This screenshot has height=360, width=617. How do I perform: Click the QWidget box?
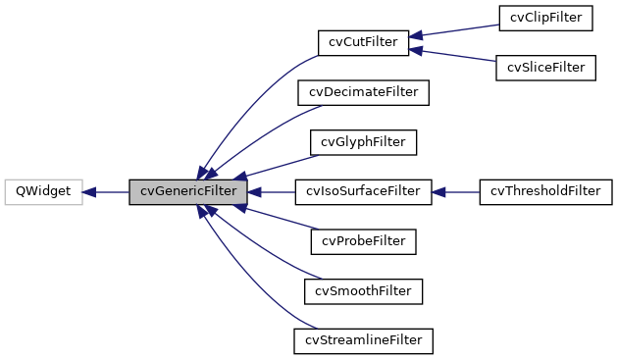43,191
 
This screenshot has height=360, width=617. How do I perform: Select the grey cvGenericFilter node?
187,191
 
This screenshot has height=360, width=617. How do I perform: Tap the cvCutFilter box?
363,42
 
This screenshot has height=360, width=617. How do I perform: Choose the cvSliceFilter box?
546,68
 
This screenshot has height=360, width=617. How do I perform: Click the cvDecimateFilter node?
364,92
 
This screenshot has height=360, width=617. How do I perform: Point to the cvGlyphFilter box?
364,141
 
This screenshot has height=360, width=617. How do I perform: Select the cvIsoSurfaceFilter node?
364,191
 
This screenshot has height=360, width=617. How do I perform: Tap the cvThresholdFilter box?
545,191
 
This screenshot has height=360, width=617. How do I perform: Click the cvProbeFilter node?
364,240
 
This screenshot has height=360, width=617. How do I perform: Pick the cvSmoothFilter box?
364,290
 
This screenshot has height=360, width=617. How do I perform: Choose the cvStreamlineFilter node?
364,340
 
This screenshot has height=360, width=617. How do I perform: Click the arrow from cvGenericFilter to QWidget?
108,191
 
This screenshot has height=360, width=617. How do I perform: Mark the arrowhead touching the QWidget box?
89,191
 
